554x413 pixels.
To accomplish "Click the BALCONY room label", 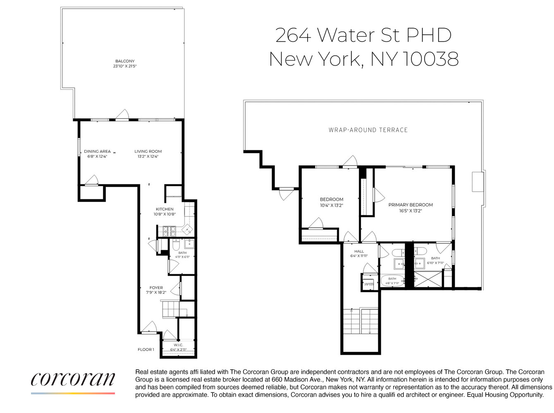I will click(x=125, y=61).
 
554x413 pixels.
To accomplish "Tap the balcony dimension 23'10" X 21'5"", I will click(x=125, y=66).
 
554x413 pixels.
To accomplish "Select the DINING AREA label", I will click(x=97, y=151).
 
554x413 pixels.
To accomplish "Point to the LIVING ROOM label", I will click(x=148, y=151).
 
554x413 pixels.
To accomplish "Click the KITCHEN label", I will click(x=165, y=209).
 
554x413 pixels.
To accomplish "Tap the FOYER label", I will click(x=156, y=287).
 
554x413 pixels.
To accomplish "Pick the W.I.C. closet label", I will click(x=178, y=345).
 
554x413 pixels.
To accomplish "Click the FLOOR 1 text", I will click(x=146, y=349).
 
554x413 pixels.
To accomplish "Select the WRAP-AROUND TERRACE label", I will click(x=368, y=130).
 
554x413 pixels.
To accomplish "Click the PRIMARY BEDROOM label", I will click(x=411, y=205).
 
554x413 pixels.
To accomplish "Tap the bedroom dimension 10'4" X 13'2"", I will click(x=332, y=205).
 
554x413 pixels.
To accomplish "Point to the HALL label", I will click(x=359, y=251).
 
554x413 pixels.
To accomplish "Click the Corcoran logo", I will click(x=73, y=379).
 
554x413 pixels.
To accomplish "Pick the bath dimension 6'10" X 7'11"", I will click(x=435, y=263).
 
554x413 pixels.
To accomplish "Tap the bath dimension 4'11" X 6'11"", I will click(x=182, y=257).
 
